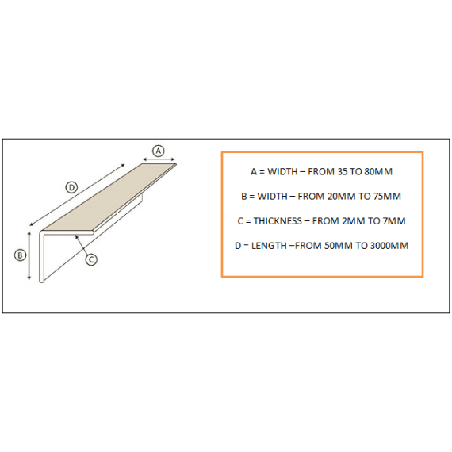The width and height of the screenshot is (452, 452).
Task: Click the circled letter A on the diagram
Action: (158, 150)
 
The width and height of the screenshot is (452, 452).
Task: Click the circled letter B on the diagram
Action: (21, 255)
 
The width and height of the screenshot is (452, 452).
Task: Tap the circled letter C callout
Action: (91, 259)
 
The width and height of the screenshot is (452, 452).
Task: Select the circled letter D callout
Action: (71, 187)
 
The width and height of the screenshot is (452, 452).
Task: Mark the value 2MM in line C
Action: (354, 220)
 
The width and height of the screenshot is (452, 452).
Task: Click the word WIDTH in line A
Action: (283, 171)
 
